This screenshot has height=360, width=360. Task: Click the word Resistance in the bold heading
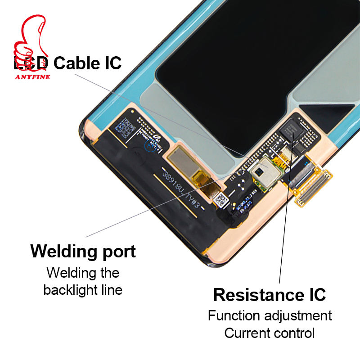[254, 295]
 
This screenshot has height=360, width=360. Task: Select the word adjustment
[299, 316]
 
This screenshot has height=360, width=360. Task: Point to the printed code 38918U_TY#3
[182, 189]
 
